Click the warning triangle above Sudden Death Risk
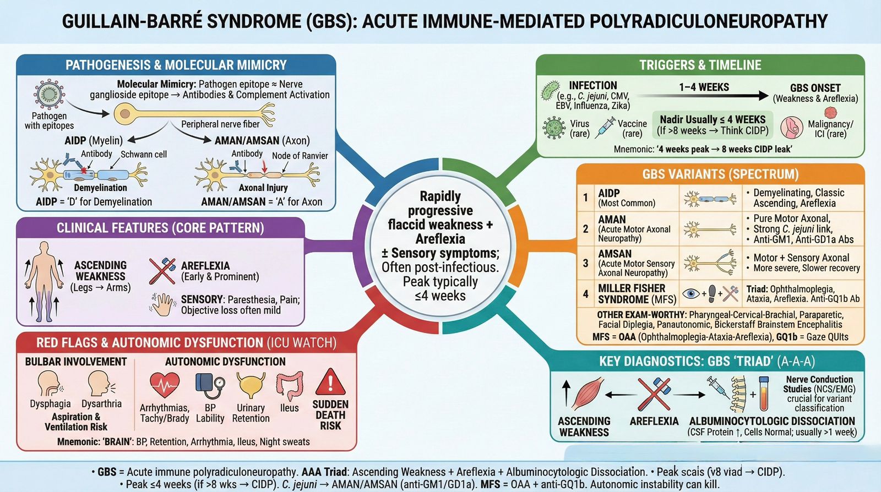point(330,382)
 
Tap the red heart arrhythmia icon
point(164,385)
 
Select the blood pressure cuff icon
point(210,385)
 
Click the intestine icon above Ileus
point(290,385)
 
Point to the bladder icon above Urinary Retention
point(251,385)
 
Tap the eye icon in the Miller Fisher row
point(690,293)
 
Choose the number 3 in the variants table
point(585,263)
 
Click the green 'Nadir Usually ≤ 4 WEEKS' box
point(713,125)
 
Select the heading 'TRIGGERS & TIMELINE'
point(700,65)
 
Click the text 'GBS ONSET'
point(815,88)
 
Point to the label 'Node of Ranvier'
point(300,156)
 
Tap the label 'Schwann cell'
point(144,155)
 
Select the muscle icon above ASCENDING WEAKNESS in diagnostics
point(588,393)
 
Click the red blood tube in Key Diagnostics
point(764,393)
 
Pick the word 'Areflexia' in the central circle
point(440,239)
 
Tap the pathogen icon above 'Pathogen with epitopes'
point(49,95)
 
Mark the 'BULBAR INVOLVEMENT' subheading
point(76,362)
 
